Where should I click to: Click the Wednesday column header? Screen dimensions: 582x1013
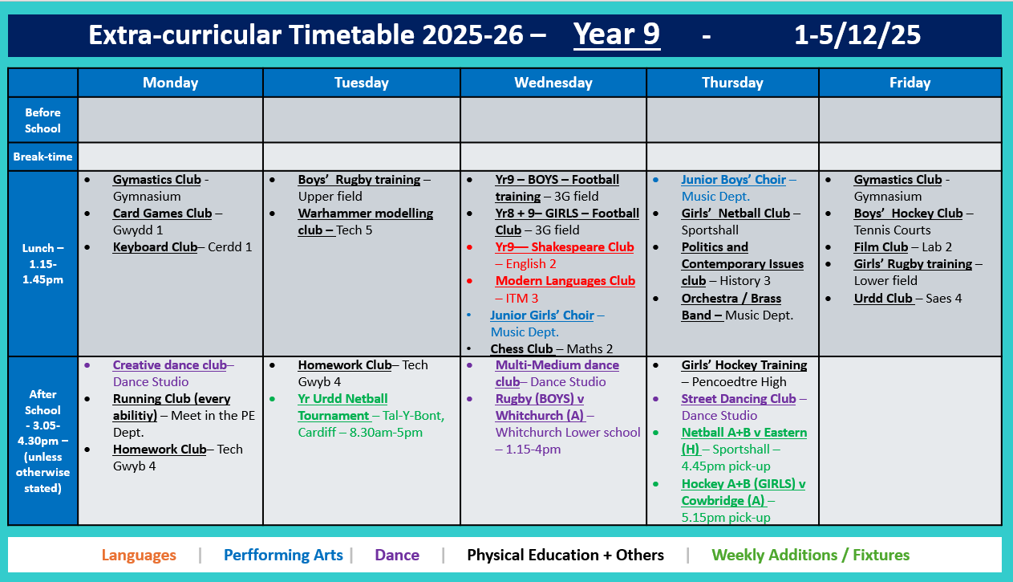tap(553, 83)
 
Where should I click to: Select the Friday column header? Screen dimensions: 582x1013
tap(910, 83)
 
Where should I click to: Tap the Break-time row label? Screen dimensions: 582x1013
tap(43, 157)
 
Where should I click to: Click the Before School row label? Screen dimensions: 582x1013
tap(43, 120)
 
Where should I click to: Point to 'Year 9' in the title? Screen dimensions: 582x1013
tap(616, 35)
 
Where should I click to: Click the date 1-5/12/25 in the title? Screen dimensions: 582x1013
tap(857, 35)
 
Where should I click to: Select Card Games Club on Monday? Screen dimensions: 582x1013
tap(162, 214)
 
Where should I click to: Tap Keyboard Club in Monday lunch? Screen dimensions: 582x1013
tap(155, 247)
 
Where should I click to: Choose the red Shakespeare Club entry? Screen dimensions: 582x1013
tap(564, 247)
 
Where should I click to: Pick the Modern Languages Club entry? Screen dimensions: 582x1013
tap(565, 281)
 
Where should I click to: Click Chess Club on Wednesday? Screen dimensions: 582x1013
tap(521, 349)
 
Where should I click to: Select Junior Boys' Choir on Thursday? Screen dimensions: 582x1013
tap(733, 180)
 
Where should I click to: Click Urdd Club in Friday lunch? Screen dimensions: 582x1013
tap(883, 299)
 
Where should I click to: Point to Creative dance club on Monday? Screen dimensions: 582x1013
tap(169, 365)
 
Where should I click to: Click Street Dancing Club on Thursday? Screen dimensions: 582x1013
tap(738, 399)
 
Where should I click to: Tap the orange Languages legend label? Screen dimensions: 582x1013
tap(139, 555)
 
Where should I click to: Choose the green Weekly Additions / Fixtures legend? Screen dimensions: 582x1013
tap(810, 555)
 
